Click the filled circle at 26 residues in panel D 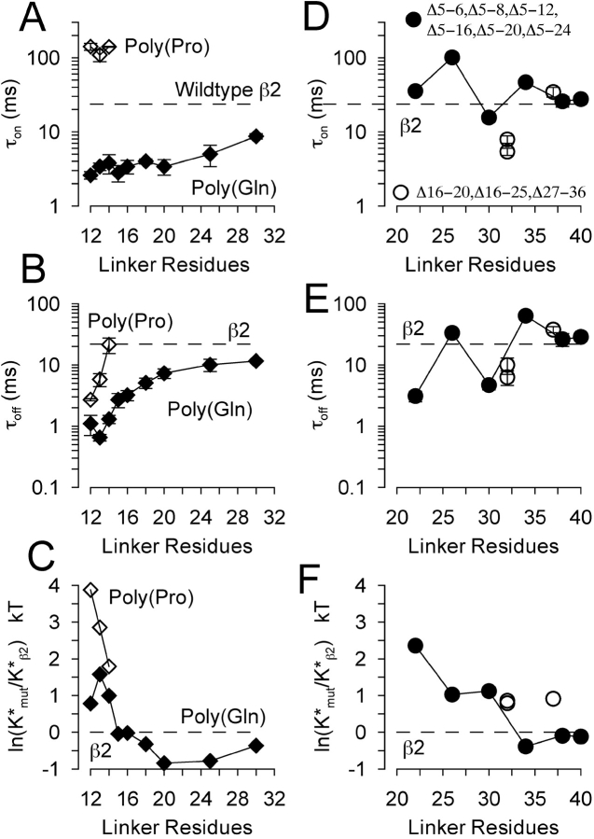click(x=452, y=57)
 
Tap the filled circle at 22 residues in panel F click(x=415, y=645)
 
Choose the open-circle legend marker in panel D click(x=402, y=191)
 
